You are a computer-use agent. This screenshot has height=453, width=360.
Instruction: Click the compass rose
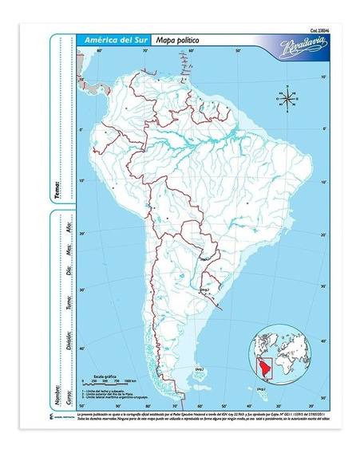(287, 99)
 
